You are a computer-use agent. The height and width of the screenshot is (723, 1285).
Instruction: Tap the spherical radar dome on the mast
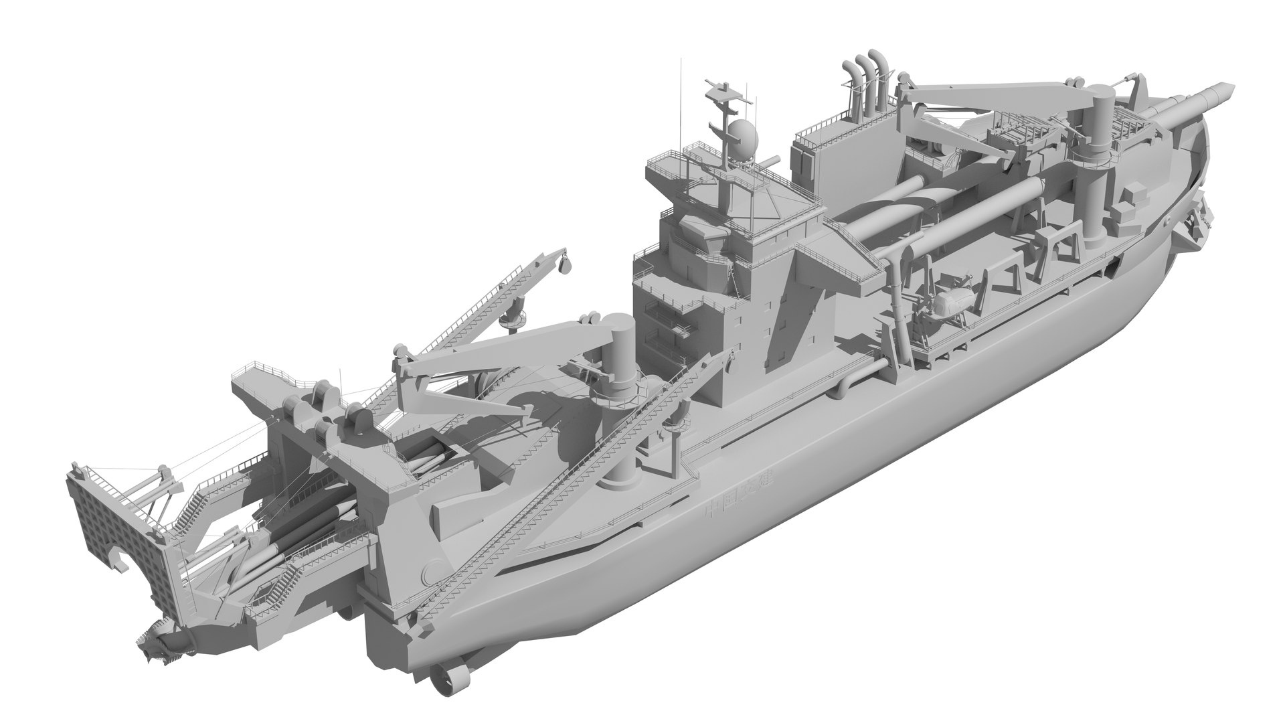[x=742, y=137]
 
